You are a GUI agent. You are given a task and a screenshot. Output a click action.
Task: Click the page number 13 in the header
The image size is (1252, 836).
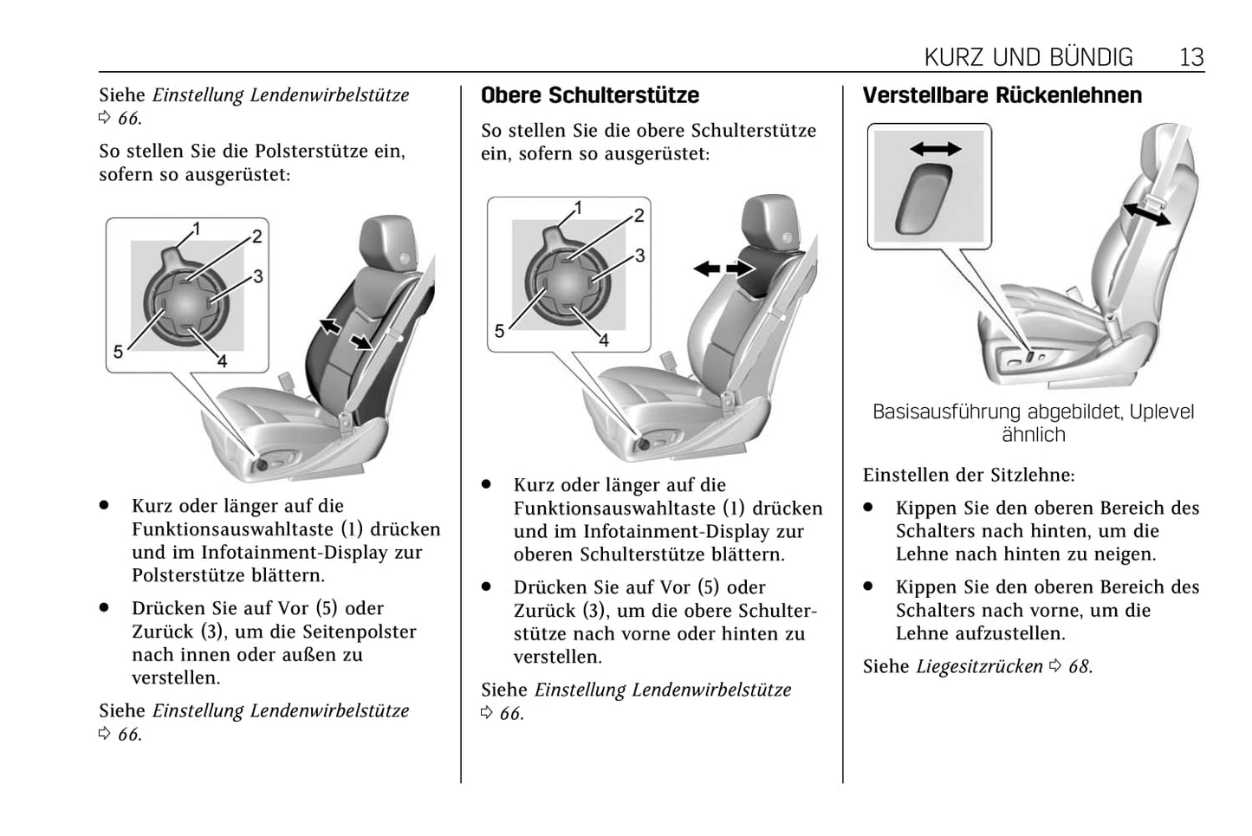point(1191,57)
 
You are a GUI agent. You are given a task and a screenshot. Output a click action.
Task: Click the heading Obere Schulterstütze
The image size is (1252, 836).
point(590,95)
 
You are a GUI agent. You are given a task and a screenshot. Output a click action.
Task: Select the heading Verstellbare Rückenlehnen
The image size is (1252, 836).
point(1002,95)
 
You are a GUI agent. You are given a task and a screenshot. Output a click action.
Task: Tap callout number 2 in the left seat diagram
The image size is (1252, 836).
point(256,237)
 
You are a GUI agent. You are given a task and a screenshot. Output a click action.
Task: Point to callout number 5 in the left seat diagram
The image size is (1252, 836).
point(118,352)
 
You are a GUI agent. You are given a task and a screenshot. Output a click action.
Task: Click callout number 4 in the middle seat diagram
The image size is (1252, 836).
point(604,340)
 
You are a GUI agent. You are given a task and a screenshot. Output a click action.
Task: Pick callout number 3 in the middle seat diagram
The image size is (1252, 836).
point(639,256)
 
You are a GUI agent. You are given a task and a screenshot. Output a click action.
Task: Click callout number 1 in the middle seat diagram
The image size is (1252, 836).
point(578,208)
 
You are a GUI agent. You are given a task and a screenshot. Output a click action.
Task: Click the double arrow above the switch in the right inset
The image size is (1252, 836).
point(936,149)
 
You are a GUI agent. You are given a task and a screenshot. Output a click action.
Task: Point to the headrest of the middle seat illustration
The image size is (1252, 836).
point(769,222)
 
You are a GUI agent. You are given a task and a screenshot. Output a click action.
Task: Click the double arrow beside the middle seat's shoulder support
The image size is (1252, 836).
point(723,269)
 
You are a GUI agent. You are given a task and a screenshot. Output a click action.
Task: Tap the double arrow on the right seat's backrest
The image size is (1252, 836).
point(1145,212)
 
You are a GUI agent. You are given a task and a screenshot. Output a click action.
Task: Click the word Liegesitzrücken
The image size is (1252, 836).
point(979,666)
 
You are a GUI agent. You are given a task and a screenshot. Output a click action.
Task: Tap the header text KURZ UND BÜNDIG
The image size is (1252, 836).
point(1028,57)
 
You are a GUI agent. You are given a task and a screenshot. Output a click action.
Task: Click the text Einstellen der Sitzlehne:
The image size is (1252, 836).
point(969,475)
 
